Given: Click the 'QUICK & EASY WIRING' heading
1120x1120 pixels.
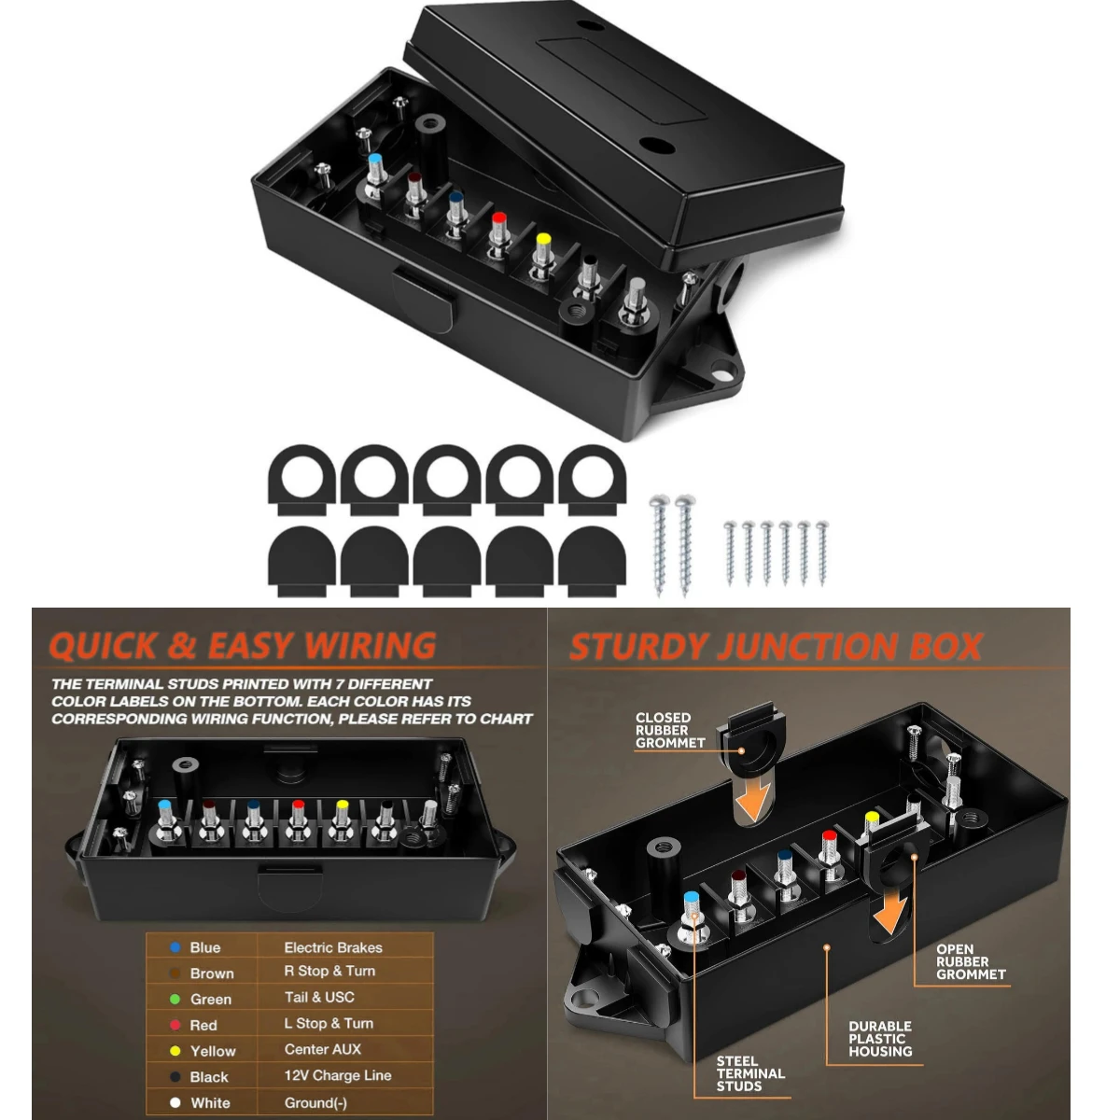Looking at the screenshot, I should (243, 646).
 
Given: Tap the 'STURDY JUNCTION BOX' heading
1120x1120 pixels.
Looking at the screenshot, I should (776, 647).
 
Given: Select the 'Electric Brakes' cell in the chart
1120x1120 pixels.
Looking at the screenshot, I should (333, 947).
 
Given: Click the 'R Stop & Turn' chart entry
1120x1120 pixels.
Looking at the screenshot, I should (329, 972).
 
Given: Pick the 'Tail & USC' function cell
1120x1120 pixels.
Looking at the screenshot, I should (319, 998).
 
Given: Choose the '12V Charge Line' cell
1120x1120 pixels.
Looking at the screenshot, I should (338, 1075).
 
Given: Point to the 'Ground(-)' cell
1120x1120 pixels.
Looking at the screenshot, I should (315, 1102).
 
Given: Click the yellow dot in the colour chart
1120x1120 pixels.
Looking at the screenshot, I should (175, 1051).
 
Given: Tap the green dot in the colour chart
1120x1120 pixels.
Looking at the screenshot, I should (175, 999).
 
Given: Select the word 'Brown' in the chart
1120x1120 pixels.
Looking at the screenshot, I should (212, 973).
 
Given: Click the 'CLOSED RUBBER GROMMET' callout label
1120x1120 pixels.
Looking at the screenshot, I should (669, 730).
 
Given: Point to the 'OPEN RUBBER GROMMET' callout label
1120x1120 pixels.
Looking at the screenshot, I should (971, 961).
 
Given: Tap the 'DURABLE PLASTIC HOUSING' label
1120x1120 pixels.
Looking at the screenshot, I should (880, 1039).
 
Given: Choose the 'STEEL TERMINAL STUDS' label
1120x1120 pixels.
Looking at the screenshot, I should (750, 1073).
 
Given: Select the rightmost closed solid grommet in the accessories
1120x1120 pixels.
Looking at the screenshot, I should (592, 560).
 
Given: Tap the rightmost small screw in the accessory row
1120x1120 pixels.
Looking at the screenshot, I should (822, 553).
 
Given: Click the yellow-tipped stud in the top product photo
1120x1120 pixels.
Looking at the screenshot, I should (542, 245).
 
